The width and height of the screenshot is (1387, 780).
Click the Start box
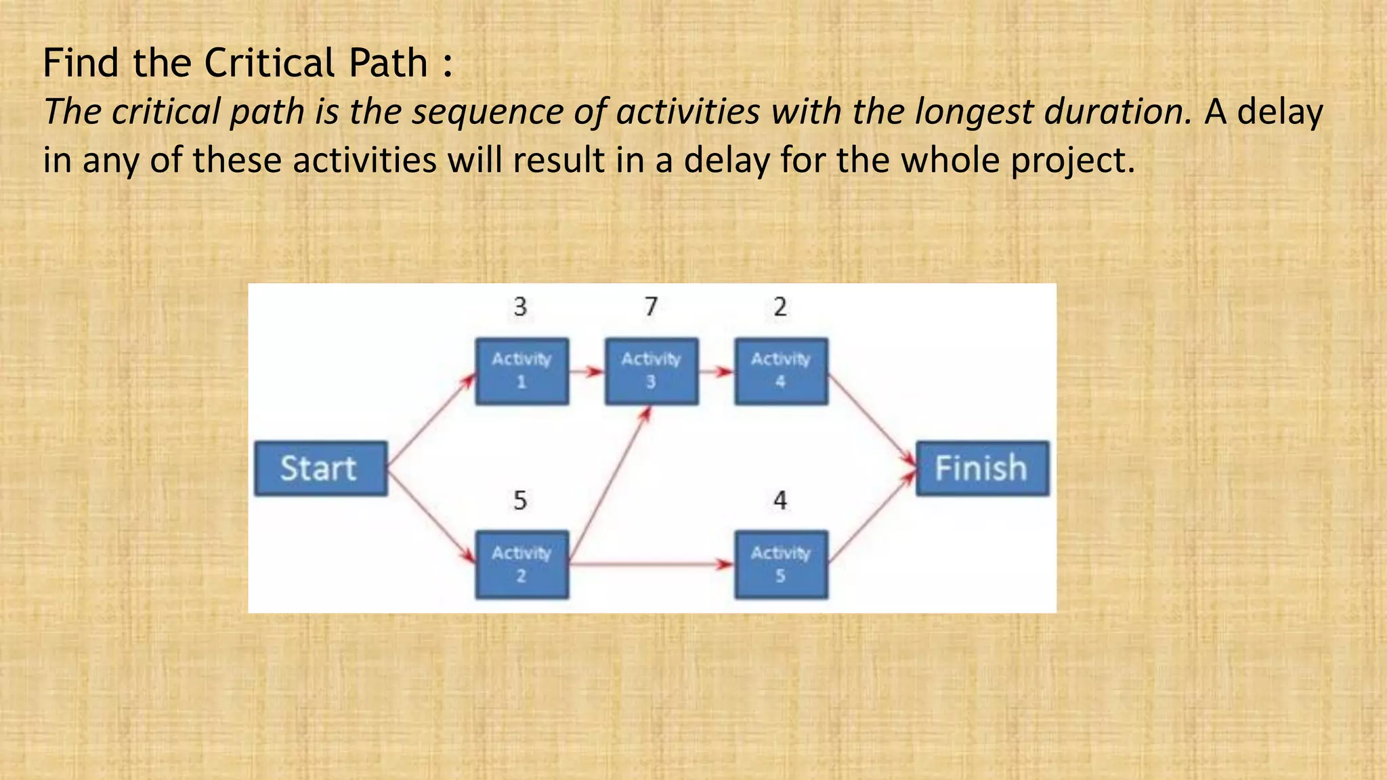tap(320, 469)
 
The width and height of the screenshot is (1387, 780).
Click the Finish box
tap(982, 469)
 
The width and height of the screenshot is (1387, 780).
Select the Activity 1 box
tap(521, 371)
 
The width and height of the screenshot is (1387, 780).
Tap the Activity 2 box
tap(521, 564)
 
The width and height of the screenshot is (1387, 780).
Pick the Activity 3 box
tap(651, 371)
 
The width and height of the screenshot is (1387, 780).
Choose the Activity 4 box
tap(781, 371)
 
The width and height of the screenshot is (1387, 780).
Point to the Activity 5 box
tap(781, 564)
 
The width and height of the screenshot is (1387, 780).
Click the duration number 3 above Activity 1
tap(520, 307)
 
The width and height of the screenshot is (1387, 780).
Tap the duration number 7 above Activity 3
tap(651, 307)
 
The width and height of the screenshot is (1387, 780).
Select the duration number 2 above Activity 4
tap(780, 307)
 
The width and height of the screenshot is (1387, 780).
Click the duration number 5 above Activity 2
tap(520, 500)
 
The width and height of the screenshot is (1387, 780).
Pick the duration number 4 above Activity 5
tap(780, 500)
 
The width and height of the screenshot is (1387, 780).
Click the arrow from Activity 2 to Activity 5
tap(650, 563)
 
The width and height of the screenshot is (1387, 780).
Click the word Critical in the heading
tap(270, 63)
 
